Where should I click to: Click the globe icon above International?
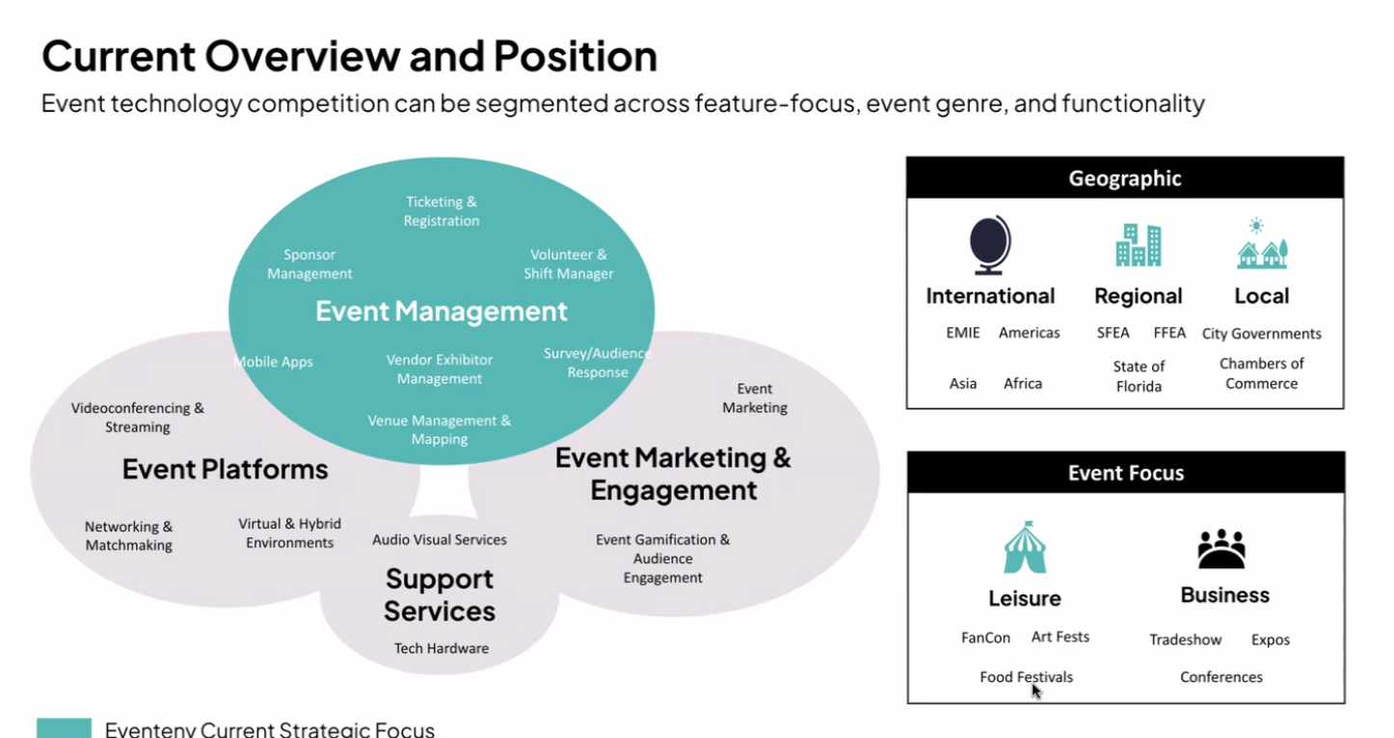pyautogui.click(x=990, y=245)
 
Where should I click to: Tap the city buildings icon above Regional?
pyautogui.click(x=1138, y=245)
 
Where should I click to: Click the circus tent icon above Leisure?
pyautogui.click(x=1024, y=547)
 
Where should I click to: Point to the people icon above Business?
pyautogui.click(x=1221, y=548)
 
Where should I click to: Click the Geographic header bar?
pyautogui.click(x=1125, y=178)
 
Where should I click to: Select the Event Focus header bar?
pyautogui.click(x=1125, y=473)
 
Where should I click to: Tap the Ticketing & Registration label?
pyautogui.click(x=442, y=211)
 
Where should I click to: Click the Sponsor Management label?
pyautogui.click(x=309, y=264)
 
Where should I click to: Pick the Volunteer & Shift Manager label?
pyautogui.click(x=569, y=264)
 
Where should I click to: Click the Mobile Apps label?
pyautogui.click(x=274, y=362)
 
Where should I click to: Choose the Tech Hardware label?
pyautogui.click(x=442, y=648)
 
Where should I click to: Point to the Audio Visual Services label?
pyautogui.click(x=440, y=539)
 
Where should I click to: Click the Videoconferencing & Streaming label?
pyautogui.click(x=138, y=417)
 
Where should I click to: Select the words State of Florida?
pyautogui.click(x=1139, y=376)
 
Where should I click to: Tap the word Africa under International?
pyautogui.click(x=1023, y=383)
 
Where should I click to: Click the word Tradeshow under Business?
pyautogui.click(x=1185, y=640)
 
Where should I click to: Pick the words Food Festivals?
pyautogui.click(x=1026, y=677)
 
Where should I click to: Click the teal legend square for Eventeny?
pyautogui.click(x=64, y=728)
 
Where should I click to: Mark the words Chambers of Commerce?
pyautogui.click(x=1261, y=373)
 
